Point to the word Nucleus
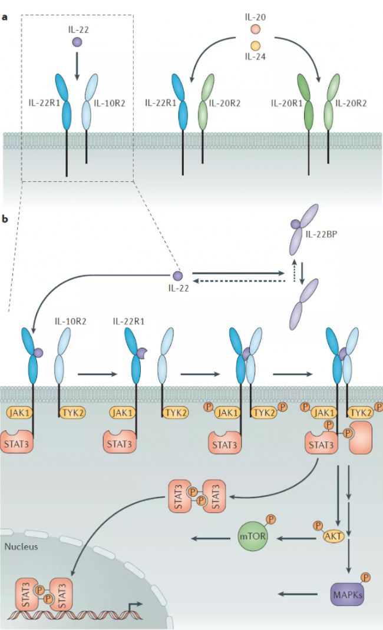tap(21, 546)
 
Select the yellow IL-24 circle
tap(255, 45)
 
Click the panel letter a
tap(5, 17)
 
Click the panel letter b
tap(5, 219)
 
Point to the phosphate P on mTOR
tap(270, 519)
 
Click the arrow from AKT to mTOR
tap(295, 537)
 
